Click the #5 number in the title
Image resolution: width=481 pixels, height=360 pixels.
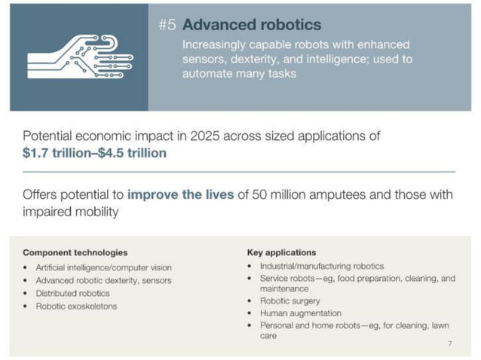tap(167, 25)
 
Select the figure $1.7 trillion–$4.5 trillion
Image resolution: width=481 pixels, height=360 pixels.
tap(94, 153)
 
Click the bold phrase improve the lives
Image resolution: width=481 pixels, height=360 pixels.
tap(181, 194)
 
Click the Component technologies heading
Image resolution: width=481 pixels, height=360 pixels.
tap(75, 252)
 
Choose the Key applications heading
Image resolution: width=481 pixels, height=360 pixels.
tap(281, 252)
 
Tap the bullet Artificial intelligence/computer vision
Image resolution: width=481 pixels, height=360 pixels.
tap(103, 267)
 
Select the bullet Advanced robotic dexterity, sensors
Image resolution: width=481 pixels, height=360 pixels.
tap(103, 280)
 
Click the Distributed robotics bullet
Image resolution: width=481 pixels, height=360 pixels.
tap(72, 293)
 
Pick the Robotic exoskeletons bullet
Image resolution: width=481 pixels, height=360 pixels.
tap(76, 307)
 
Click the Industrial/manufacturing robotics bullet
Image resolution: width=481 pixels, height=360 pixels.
tap(322, 266)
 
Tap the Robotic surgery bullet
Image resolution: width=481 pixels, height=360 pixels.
tap(290, 301)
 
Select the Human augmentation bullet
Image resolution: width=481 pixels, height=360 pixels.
tap(300, 313)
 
